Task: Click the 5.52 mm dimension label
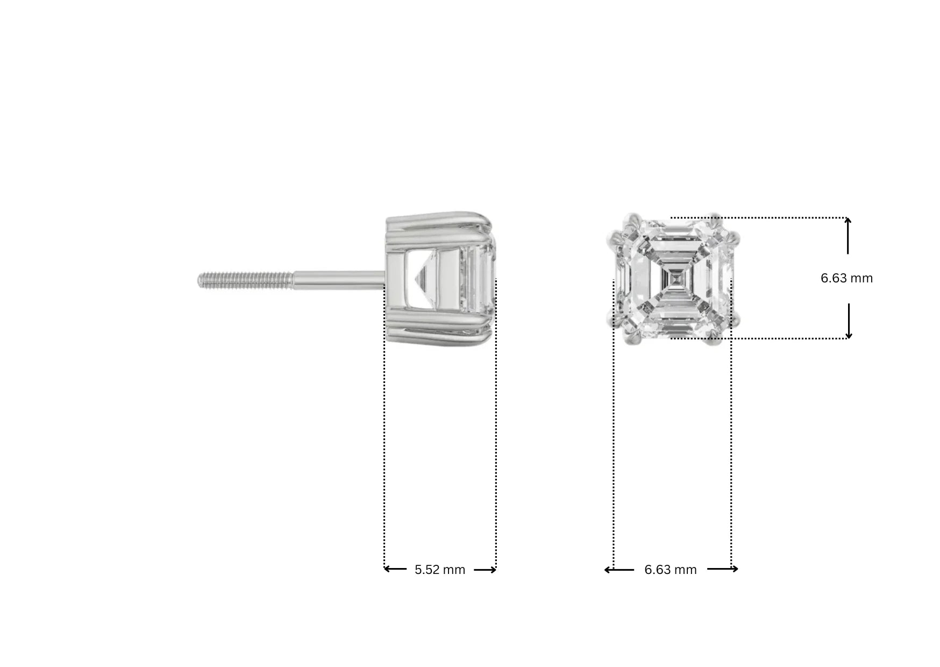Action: pos(439,570)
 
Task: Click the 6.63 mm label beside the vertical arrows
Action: pos(846,278)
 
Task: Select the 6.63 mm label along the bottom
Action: pos(670,570)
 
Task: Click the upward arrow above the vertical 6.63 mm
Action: pos(848,235)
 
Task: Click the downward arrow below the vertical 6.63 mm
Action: pos(849,321)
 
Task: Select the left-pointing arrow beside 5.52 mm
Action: pos(395,569)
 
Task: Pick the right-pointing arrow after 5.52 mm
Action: pos(485,570)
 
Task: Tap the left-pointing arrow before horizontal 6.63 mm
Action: pos(619,569)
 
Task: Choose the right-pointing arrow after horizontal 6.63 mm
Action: pos(723,569)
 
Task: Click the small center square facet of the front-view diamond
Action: pos(674,278)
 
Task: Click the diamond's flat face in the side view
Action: pos(481,279)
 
